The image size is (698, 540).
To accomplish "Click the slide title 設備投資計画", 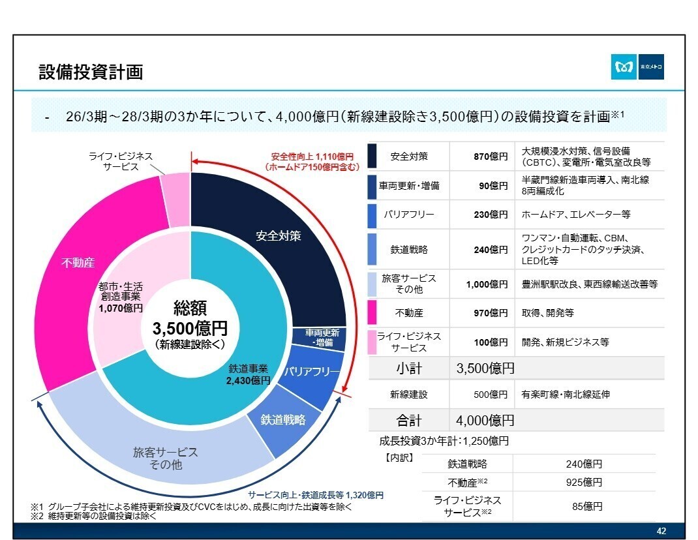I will [91, 72].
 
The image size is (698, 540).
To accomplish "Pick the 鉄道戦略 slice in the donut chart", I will [283, 419].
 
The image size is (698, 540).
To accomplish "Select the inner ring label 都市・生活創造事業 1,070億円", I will [121, 297].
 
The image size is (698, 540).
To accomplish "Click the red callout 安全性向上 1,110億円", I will [312, 162].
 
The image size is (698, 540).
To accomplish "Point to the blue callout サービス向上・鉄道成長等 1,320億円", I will [316, 495].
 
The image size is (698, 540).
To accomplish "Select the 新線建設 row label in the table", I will [408, 394].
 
